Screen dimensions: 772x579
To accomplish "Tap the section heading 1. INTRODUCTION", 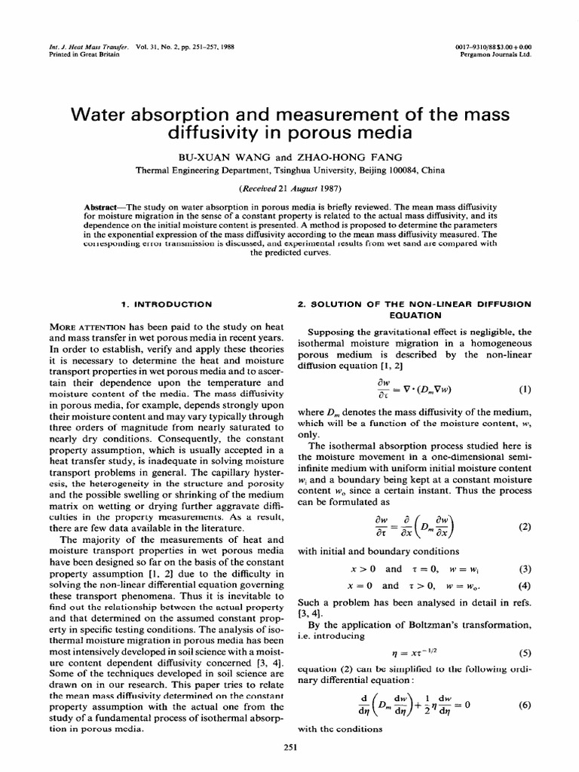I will click(167, 304).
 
